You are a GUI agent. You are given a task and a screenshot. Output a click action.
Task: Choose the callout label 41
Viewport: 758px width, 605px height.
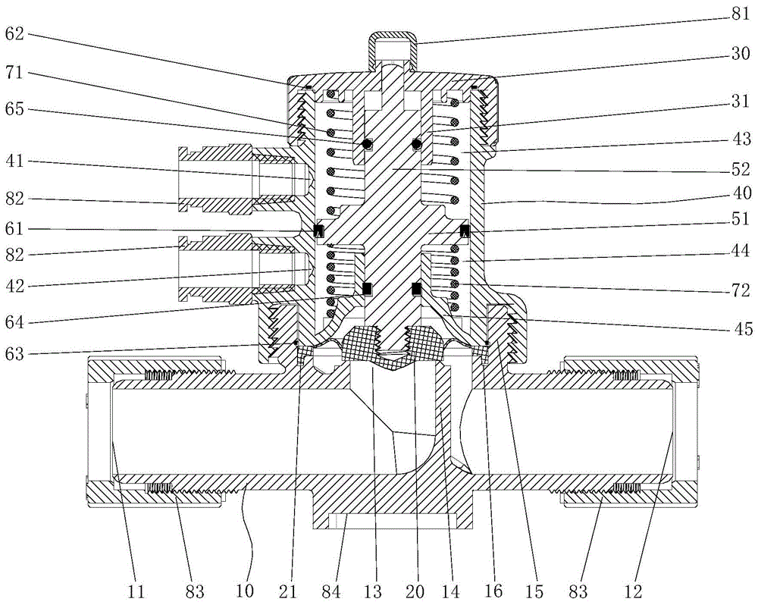(x=16, y=163)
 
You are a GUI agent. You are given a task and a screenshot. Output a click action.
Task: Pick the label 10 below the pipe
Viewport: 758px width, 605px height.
(x=249, y=588)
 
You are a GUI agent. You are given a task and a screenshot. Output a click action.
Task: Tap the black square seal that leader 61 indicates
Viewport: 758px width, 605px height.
(x=319, y=230)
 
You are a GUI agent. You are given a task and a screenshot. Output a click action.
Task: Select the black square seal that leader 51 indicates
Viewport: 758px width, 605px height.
(x=464, y=230)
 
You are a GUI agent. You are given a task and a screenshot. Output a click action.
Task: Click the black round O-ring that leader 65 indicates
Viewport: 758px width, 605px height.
(x=368, y=144)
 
